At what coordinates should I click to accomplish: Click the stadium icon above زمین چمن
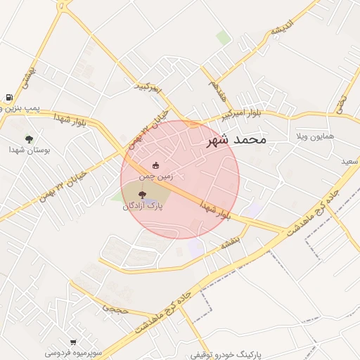pyautogui.click(x=155, y=166)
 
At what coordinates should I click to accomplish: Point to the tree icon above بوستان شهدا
pyautogui.click(x=29, y=139)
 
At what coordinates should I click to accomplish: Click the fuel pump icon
pyautogui.click(x=8, y=98)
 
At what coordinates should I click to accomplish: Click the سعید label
pyautogui.click(x=349, y=162)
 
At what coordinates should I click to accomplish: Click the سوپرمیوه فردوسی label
pyautogui.click(x=73, y=352)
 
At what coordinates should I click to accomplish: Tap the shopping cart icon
pyautogui.click(x=73, y=342)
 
